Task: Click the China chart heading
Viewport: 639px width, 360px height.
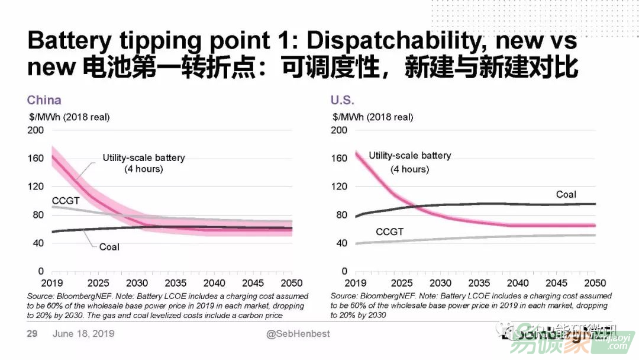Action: (44, 100)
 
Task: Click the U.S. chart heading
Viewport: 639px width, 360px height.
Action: (343, 100)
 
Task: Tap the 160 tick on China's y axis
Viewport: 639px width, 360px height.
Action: (35, 158)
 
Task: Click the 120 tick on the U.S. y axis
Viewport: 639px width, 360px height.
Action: (339, 187)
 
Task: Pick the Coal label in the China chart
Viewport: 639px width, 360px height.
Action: (109, 246)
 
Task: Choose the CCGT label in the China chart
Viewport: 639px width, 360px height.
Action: (66, 201)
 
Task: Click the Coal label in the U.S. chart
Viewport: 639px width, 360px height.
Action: (566, 194)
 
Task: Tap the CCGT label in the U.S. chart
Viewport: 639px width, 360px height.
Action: (389, 232)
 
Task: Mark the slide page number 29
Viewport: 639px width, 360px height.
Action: (33, 334)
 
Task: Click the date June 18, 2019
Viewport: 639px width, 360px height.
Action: (83, 334)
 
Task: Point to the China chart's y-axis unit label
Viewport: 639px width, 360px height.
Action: (69, 117)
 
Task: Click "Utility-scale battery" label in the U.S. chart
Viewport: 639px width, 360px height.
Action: (410, 156)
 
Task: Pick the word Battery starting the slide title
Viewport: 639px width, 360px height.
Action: (69, 40)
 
